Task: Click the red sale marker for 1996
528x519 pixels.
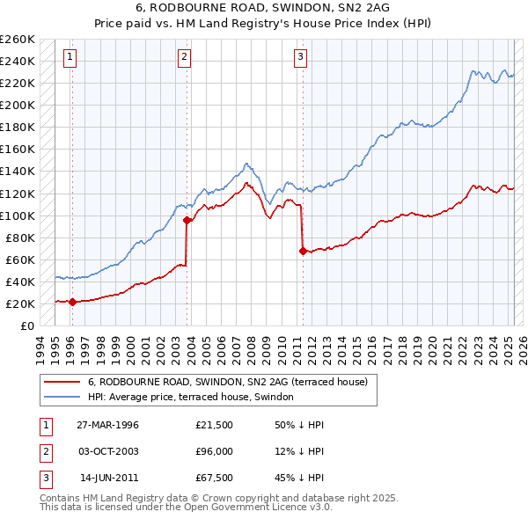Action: coord(72,302)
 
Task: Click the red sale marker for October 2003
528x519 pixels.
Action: coord(187,220)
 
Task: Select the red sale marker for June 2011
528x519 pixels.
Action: coord(303,251)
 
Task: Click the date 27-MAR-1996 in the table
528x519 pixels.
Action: coord(107,425)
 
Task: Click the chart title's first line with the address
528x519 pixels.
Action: coord(263,7)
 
